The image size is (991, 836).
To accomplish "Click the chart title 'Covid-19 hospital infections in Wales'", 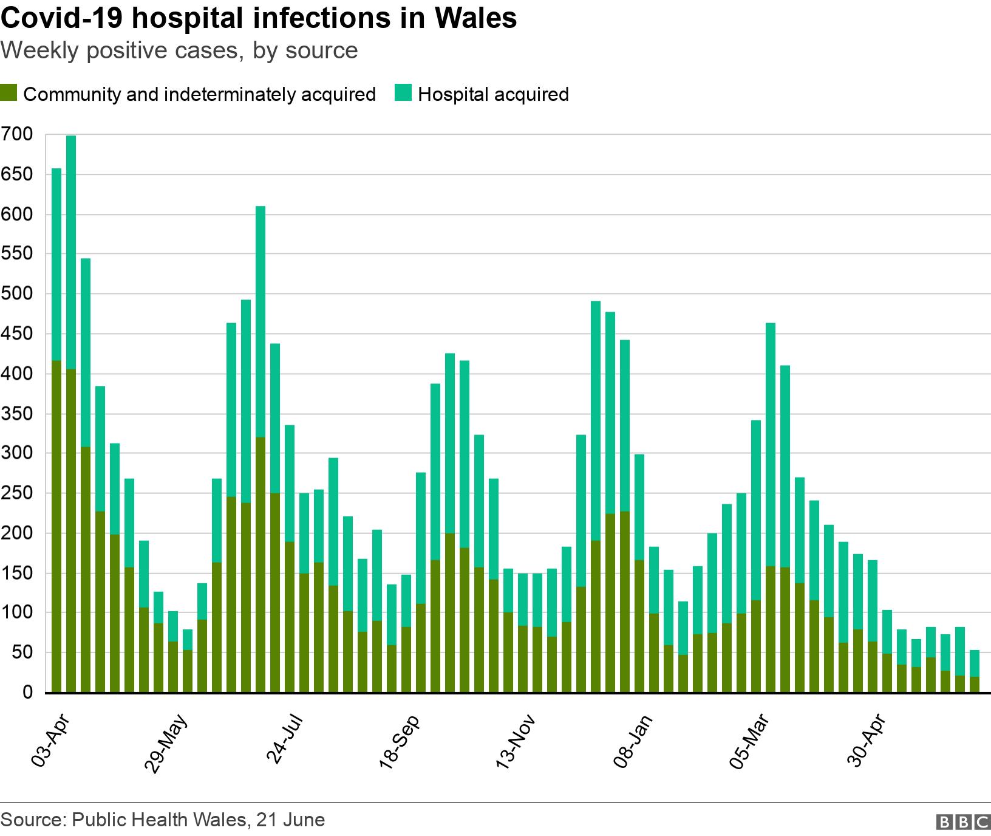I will click(x=259, y=18).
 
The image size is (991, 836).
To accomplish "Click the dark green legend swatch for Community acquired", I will click(x=9, y=94).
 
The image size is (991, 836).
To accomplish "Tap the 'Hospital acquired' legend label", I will click(x=492, y=95).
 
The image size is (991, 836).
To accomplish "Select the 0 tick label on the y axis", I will click(x=27, y=693).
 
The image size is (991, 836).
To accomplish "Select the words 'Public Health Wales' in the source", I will click(x=158, y=820).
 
